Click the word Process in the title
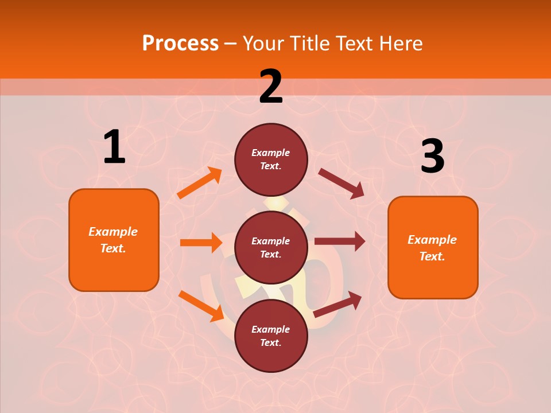[180, 43]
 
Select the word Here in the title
[400, 43]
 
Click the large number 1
[114, 147]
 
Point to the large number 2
[271, 87]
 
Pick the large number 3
[432, 156]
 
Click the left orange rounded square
[114, 240]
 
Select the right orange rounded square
[433, 248]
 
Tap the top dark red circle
[271, 159]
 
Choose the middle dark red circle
[271, 248]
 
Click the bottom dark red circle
[271, 336]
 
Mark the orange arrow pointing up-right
[200, 183]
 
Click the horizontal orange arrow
[201, 243]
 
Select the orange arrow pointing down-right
[201, 306]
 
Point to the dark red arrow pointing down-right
[342, 184]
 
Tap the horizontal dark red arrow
[340, 241]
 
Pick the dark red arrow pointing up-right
[337, 304]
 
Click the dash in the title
[231, 44]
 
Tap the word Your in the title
[263, 43]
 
